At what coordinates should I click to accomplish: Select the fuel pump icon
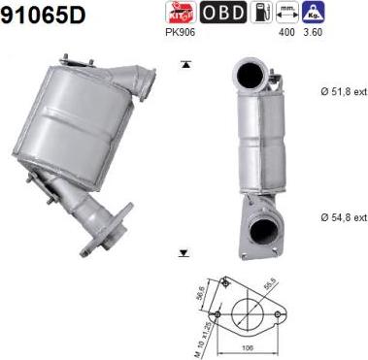259,13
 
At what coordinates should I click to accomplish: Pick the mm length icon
286,13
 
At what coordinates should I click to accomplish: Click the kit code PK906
182,32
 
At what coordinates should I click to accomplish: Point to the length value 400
286,32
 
